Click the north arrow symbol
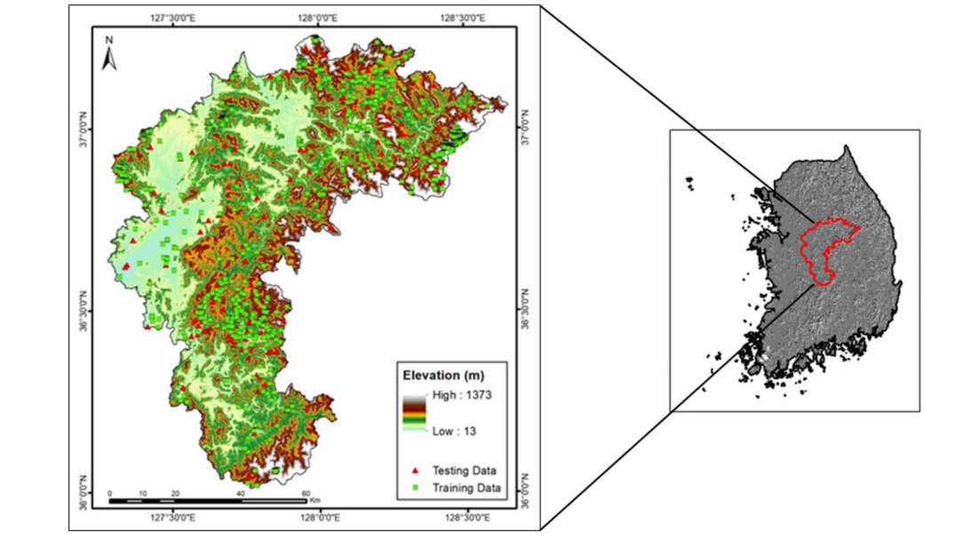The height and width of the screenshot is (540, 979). (109, 59)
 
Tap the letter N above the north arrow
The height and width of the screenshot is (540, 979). (109, 40)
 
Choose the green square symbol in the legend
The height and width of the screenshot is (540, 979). (415, 488)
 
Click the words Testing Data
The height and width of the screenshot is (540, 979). (464, 471)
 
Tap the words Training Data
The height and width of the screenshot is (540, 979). (466, 488)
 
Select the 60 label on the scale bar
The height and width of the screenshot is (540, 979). (306, 493)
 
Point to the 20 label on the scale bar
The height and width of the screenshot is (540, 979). (175, 493)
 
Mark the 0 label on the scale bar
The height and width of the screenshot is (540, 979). (109, 493)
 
